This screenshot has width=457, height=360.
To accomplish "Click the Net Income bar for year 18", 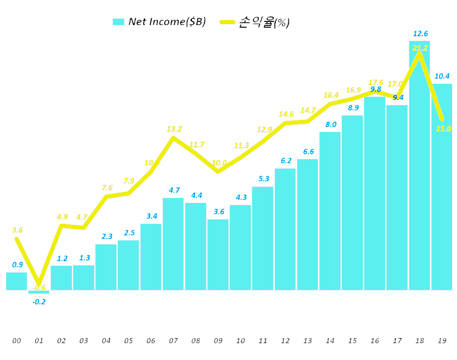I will (x=420, y=178).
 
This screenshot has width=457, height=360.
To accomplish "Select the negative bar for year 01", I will (x=39, y=292).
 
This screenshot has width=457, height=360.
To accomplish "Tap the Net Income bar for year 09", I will (x=218, y=254).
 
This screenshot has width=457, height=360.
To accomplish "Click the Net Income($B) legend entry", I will (x=159, y=22).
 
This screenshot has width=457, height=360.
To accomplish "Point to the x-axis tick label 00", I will (x=17, y=341).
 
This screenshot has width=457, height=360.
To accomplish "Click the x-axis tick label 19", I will (x=442, y=341).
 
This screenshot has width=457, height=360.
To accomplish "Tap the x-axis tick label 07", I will (x=173, y=341).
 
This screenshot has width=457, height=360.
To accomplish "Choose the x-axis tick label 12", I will (x=285, y=341).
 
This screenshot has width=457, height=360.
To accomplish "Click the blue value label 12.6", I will (x=420, y=33).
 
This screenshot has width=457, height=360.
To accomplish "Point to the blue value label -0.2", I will (x=39, y=302).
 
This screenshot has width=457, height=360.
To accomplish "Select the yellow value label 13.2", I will (x=174, y=129).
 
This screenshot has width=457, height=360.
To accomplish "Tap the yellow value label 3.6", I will (x=17, y=230).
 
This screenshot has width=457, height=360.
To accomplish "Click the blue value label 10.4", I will (x=442, y=76).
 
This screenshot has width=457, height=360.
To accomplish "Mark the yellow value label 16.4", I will (x=331, y=95).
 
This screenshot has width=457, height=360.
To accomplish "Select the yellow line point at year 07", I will (x=173, y=138).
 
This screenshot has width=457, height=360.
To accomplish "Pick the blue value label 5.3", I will (x=263, y=178).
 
